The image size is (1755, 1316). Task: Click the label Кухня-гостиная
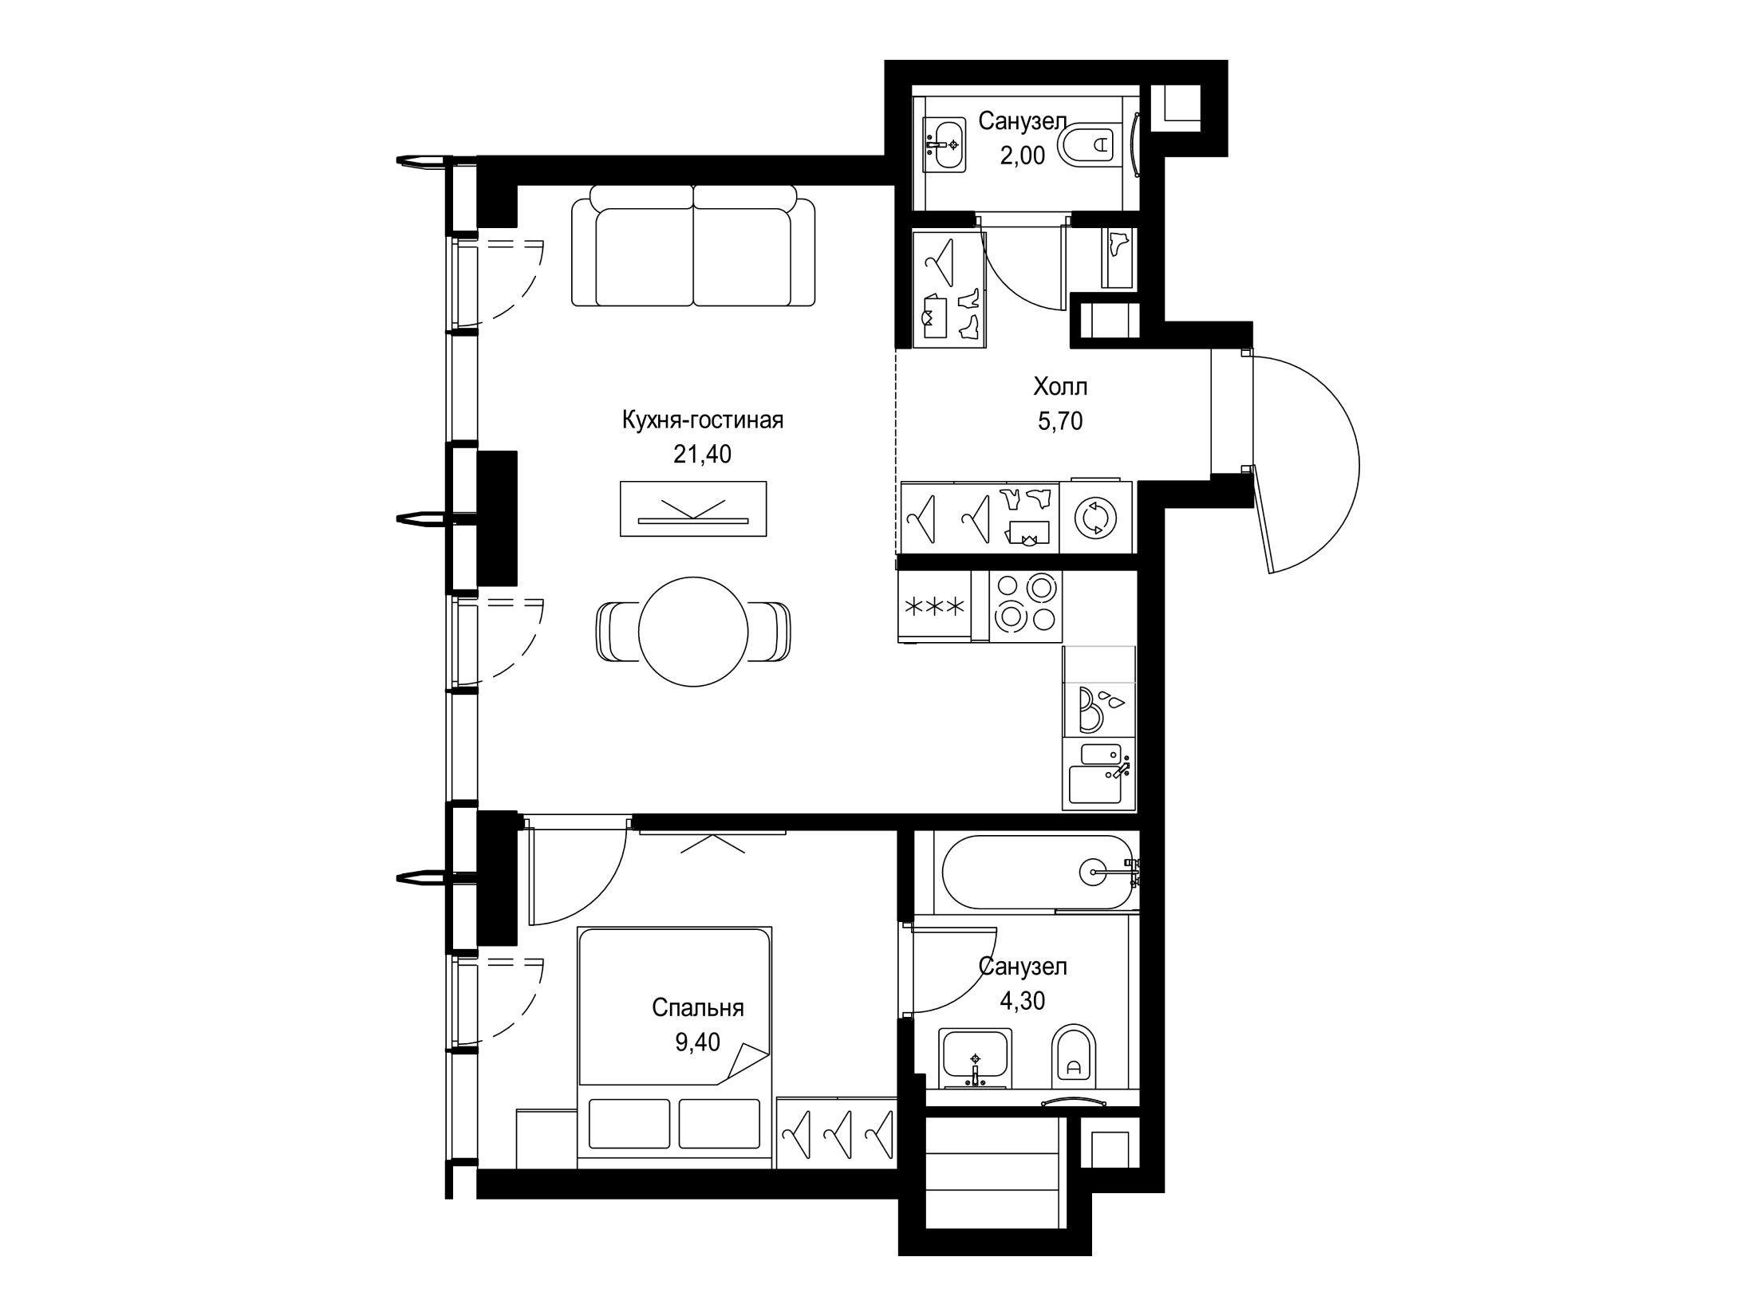point(703,420)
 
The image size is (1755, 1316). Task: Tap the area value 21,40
point(702,455)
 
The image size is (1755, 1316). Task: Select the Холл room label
point(1060,387)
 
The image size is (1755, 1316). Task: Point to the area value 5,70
point(1060,420)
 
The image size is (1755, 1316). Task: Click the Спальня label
point(698,1008)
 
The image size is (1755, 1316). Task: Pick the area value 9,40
point(698,1042)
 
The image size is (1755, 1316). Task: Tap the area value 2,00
point(1023,155)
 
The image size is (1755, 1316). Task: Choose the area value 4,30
point(1023,1000)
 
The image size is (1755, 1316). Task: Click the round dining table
point(693,630)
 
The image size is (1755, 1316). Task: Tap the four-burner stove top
point(1026,606)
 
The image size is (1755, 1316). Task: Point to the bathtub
point(1037,872)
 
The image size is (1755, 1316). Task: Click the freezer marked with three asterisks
point(934,606)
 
